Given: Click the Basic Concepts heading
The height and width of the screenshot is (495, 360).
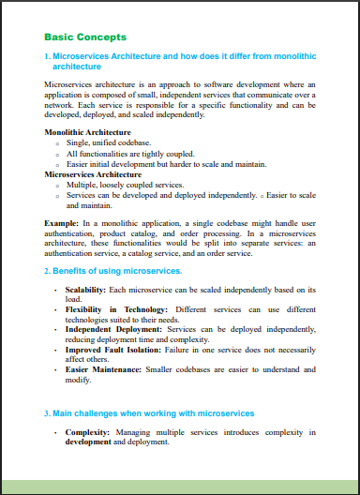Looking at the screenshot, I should point(85,37).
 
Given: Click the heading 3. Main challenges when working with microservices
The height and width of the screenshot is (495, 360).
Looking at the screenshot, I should point(149,413).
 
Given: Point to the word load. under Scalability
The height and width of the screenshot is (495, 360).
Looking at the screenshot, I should point(73,300).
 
